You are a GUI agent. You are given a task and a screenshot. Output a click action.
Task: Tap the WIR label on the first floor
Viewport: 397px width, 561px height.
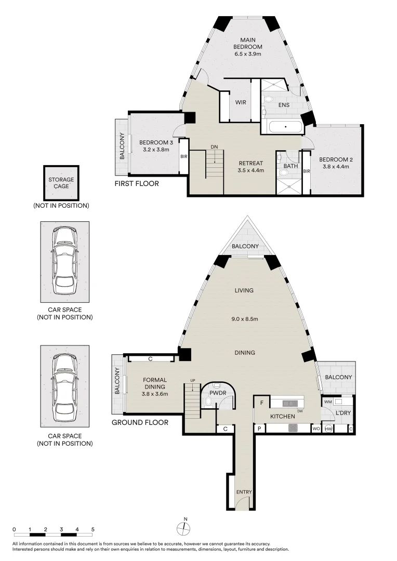tap(241, 102)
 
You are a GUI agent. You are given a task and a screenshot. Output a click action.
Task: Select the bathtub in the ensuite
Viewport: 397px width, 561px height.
tap(285, 127)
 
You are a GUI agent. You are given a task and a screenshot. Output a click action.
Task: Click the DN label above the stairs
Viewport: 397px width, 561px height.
tap(214, 146)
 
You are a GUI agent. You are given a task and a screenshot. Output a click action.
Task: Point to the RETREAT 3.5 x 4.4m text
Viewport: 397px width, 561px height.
tap(251, 166)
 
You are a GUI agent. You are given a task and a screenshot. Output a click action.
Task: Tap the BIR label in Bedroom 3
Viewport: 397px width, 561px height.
tap(183, 156)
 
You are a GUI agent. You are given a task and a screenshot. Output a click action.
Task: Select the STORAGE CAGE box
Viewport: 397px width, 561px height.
tap(61, 183)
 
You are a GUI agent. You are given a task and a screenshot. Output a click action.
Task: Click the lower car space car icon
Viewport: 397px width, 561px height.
tap(64, 385)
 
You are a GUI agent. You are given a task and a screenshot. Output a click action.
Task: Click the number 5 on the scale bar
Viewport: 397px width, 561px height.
tap(93, 529)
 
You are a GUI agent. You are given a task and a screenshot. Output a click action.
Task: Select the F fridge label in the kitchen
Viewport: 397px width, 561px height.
tap(262, 403)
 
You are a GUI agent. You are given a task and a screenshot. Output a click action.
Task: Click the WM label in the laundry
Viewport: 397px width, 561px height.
tap(328, 402)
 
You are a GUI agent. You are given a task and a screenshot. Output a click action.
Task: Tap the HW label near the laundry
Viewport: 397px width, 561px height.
tap(328, 429)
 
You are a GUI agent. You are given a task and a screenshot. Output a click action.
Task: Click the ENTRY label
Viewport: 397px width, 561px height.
tap(244, 492)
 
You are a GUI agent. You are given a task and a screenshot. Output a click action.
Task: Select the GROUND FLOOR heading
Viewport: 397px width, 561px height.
tap(140, 422)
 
